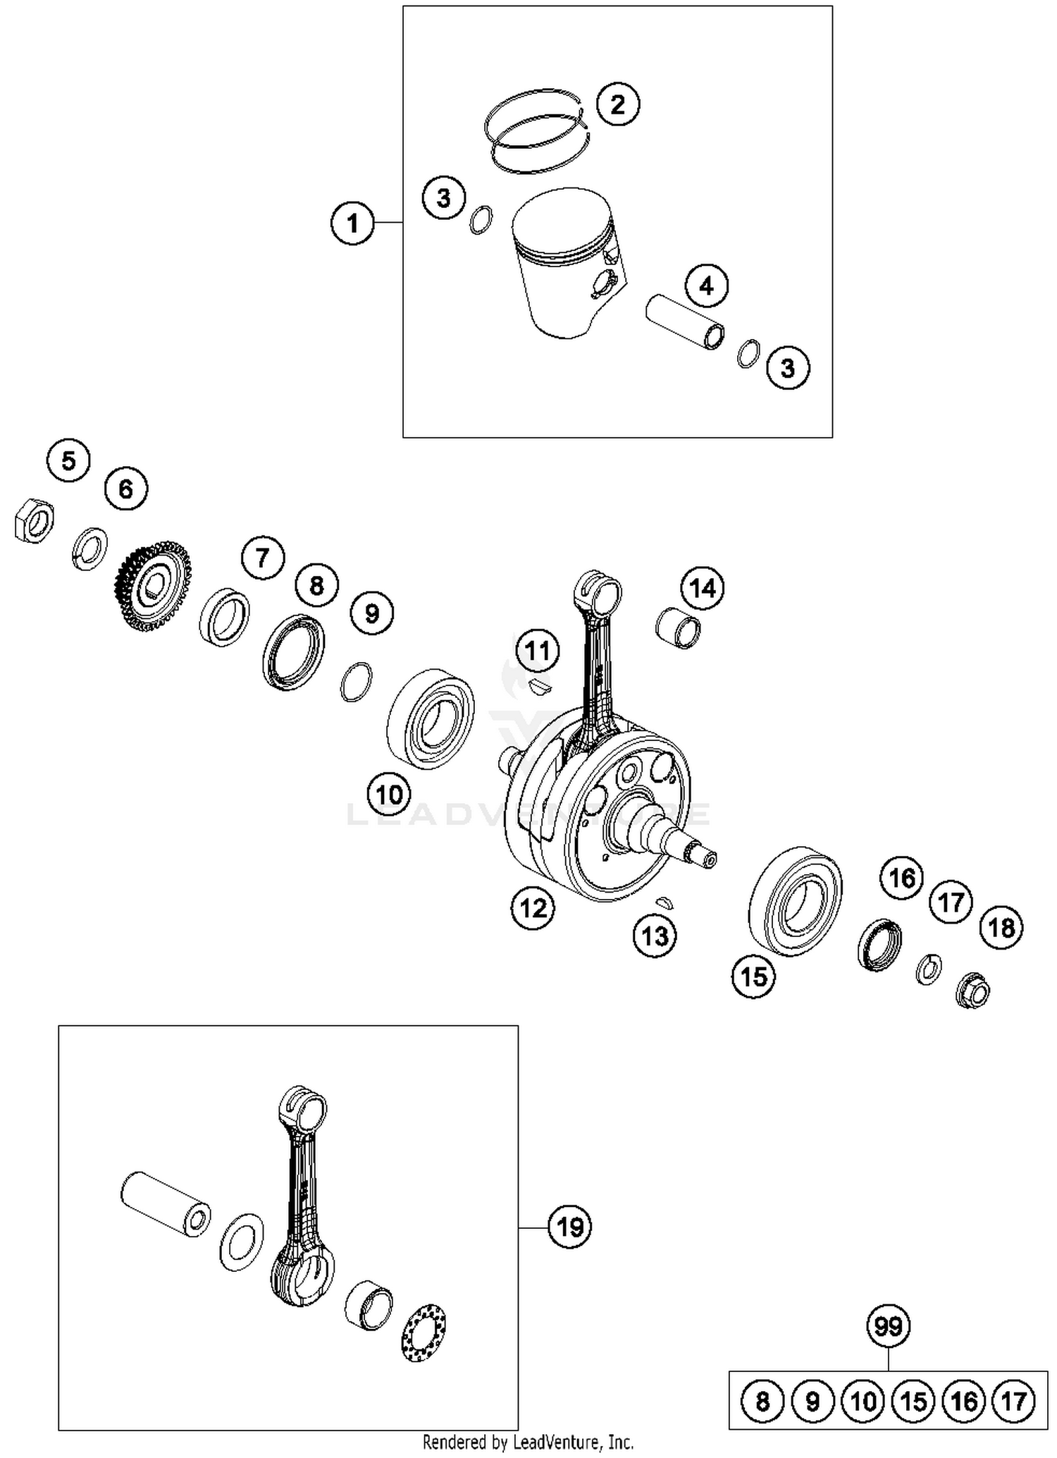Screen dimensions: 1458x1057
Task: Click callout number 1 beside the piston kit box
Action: (352, 223)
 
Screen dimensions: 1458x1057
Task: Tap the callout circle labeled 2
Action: (617, 105)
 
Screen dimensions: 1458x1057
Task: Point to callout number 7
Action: (262, 558)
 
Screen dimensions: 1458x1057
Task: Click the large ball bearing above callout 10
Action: (431, 720)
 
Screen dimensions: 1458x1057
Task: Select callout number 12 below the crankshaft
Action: (533, 908)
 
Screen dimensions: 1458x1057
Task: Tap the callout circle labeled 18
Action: (1001, 928)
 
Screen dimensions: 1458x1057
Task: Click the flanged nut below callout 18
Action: (972, 992)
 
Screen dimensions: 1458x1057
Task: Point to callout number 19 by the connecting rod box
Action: (569, 1227)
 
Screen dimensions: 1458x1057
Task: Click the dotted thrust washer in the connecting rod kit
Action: (424, 1333)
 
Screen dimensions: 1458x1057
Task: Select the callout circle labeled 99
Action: (888, 1326)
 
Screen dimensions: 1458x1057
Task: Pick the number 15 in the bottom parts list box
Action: (914, 1401)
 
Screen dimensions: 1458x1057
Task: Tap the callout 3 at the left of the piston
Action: (443, 199)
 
